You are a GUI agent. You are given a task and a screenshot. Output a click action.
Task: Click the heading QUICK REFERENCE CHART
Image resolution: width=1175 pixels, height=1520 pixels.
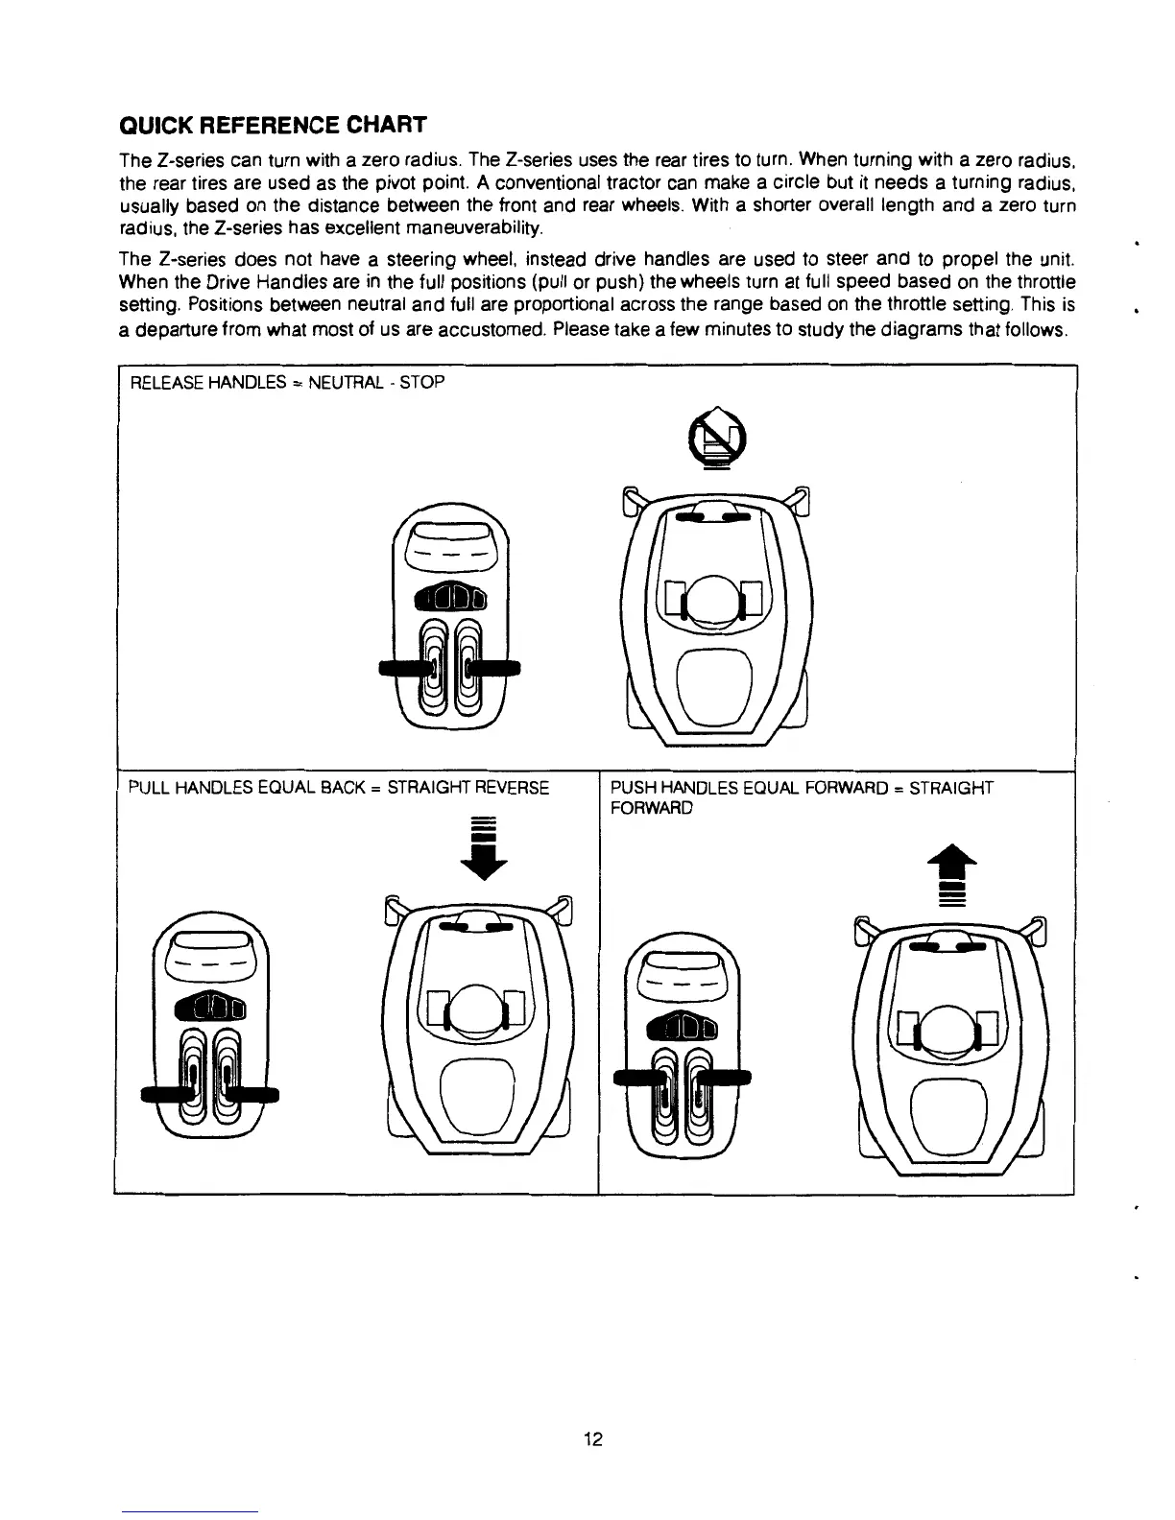[x=272, y=126]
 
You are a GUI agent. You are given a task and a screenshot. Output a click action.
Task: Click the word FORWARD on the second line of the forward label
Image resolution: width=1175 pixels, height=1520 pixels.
[x=651, y=808]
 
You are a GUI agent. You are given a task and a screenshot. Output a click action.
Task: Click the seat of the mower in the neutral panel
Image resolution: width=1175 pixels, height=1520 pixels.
[x=715, y=679]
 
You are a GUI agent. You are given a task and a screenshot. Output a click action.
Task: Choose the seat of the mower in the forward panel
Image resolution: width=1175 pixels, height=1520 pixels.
[x=950, y=1106]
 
